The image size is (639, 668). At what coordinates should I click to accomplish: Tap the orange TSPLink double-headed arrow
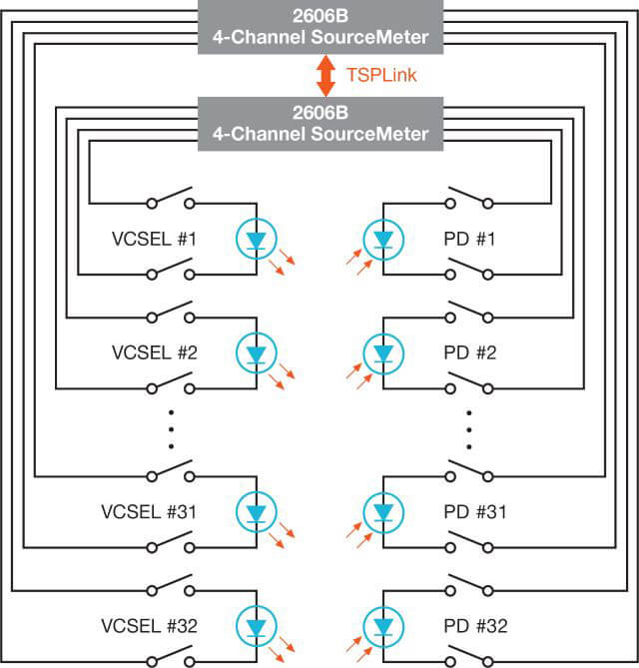[324, 76]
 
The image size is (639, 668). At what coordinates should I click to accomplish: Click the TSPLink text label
[380, 75]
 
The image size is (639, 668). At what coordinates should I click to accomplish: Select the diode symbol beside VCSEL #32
[257, 627]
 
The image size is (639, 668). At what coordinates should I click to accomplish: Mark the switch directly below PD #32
[469, 658]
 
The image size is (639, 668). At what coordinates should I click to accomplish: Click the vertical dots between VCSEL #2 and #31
[171, 428]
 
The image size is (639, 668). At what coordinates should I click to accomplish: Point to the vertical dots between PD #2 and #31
[469, 428]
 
